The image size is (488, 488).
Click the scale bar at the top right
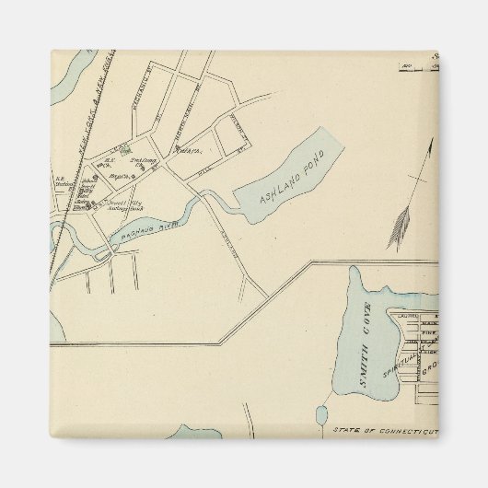419,65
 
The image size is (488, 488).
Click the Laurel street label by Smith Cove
411,315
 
